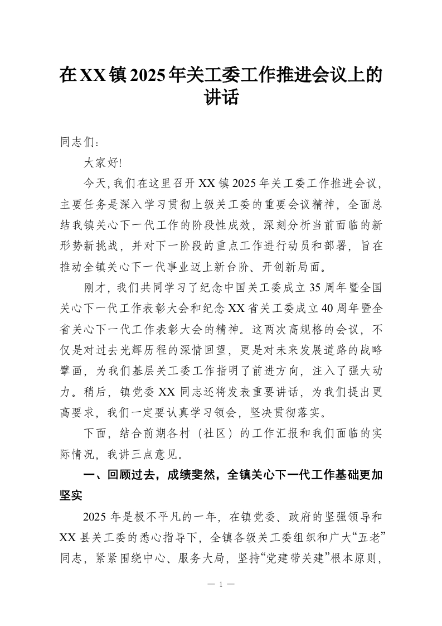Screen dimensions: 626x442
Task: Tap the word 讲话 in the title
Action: pos(221,98)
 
